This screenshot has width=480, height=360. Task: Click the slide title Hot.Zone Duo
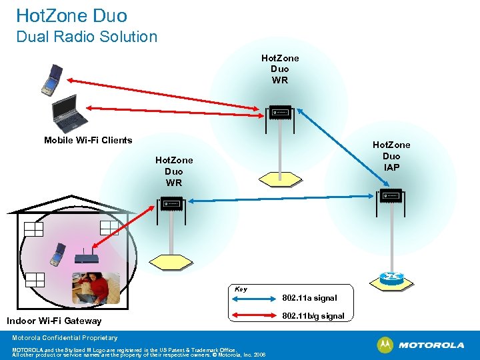click(x=71, y=15)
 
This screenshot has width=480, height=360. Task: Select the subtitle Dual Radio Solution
click(x=87, y=37)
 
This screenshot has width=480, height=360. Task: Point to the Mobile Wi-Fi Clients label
click(x=88, y=140)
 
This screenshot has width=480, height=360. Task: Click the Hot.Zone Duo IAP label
click(x=391, y=156)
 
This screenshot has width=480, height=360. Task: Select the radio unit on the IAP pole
click(x=390, y=196)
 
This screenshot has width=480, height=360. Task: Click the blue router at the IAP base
click(x=390, y=277)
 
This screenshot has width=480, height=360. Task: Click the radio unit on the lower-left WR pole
click(x=171, y=203)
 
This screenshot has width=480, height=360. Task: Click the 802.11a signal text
click(x=309, y=298)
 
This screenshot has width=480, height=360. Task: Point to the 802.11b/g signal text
click(x=313, y=316)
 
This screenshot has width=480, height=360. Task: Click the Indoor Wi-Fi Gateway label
click(x=54, y=321)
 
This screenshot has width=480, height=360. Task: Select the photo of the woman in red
click(x=96, y=288)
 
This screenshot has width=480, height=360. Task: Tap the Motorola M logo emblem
click(x=385, y=345)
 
